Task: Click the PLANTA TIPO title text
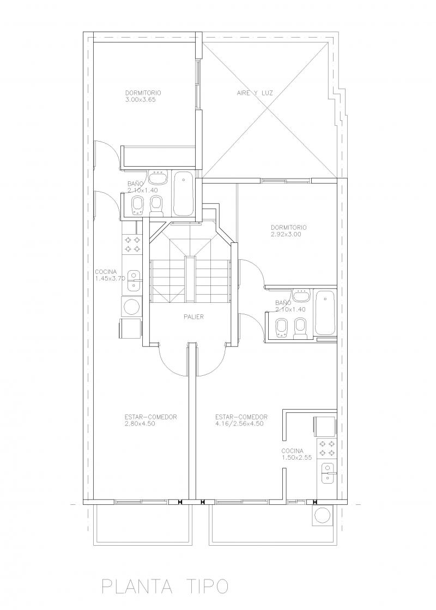[x=165, y=585]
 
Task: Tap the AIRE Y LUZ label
[x=255, y=93]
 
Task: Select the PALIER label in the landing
[x=193, y=316]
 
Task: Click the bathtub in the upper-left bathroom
[x=183, y=194]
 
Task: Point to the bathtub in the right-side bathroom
[x=325, y=313]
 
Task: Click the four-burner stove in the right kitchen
[x=326, y=449]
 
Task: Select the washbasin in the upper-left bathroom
[x=159, y=178]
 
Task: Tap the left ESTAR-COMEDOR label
[x=151, y=417]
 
